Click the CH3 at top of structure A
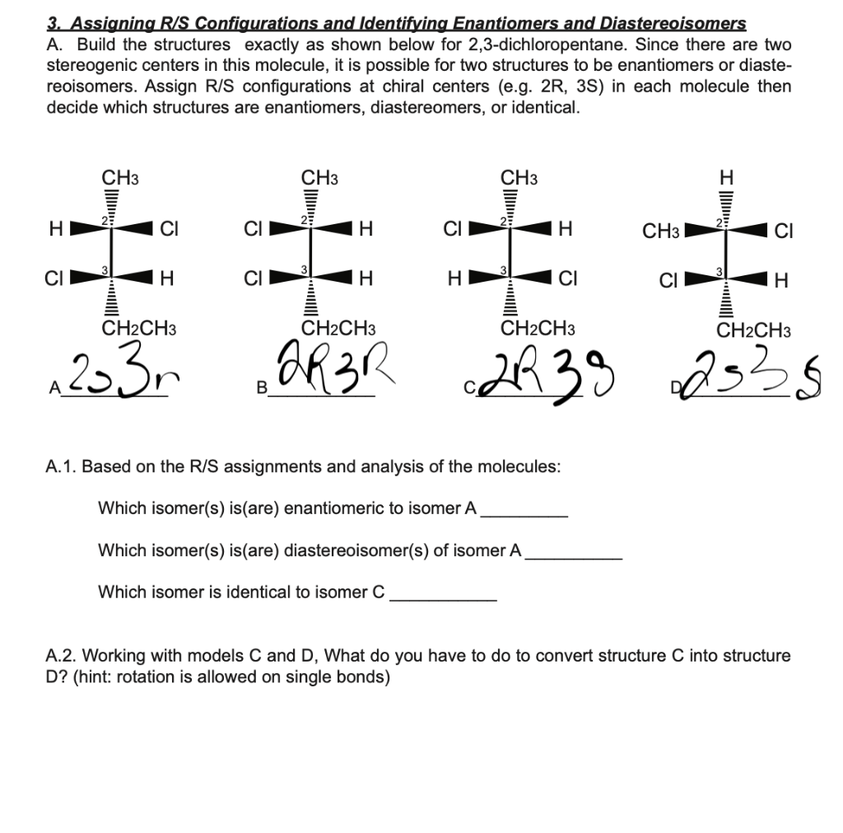tap(119, 177)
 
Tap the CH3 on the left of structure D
tap(660, 232)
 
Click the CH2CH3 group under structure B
tap(339, 330)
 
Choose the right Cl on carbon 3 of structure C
tap(566, 280)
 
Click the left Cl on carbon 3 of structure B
tap(254, 280)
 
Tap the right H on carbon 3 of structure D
tap(780, 283)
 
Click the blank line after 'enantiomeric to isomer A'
tap(524, 512)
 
